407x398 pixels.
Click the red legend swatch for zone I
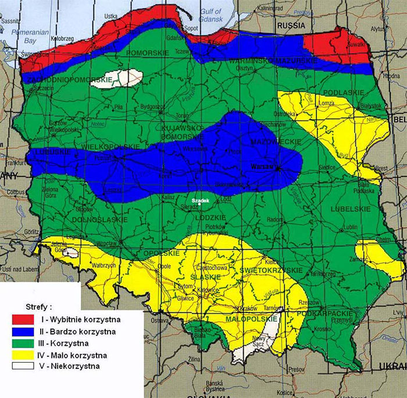tap(23, 319)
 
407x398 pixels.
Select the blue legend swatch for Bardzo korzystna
tap(23, 331)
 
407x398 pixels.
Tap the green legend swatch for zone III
tap(23, 343)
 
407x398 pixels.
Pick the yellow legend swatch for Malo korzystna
tap(23, 354)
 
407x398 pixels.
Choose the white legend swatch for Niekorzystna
tap(23, 366)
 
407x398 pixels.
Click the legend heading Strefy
tap(40, 306)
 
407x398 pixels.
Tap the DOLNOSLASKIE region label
tap(99, 219)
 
